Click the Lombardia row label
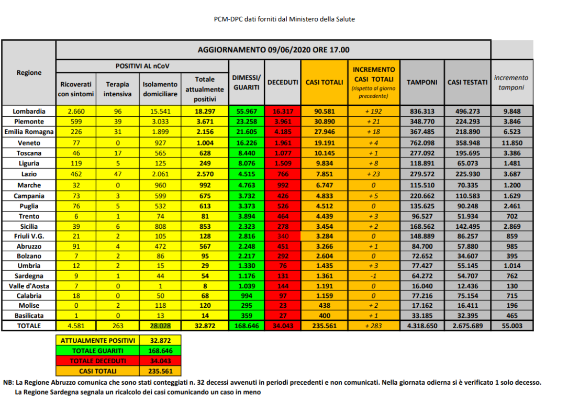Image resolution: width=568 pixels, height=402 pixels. (29, 111)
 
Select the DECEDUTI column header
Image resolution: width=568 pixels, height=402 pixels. (283, 83)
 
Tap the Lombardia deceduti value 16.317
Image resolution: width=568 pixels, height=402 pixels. (283, 111)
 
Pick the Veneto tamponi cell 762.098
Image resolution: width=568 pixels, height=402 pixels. (422, 143)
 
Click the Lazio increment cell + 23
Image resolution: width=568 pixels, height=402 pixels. (373, 174)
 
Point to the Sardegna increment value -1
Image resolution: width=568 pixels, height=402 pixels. (373, 276)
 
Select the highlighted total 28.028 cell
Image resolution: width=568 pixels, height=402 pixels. (160, 326)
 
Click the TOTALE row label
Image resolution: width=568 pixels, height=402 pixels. (29, 326)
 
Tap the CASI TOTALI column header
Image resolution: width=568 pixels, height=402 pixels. (324, 83)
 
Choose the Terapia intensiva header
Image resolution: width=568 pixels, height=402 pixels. (117, 89)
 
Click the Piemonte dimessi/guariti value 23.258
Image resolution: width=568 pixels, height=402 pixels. (247, 121)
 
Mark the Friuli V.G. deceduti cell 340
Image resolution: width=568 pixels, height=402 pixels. (283, 236)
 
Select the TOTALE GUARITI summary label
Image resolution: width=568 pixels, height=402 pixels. (98, 351)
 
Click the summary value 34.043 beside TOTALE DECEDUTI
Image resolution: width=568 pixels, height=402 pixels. (160, 361)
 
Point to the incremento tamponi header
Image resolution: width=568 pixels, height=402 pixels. (511, 83)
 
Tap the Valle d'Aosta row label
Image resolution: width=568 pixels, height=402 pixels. (29, 286)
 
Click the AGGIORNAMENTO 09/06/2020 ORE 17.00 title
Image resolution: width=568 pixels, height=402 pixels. (273, 50)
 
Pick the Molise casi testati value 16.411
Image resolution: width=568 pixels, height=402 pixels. (467, 305)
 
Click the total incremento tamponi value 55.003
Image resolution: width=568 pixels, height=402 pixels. (512, 326)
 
